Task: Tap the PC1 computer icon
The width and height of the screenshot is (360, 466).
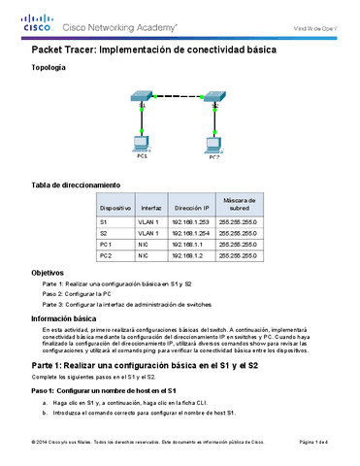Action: click(142, 145)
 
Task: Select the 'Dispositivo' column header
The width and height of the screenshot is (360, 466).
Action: click(115, 208)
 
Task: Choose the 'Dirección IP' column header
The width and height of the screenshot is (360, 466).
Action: click(190, 208)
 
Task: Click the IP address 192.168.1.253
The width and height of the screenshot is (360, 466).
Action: click(190, 221)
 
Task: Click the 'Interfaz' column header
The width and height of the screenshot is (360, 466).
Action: click(150, 208)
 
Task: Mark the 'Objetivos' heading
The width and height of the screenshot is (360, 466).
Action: click(49, 273)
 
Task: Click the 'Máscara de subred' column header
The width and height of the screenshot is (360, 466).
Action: click(237, 204)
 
